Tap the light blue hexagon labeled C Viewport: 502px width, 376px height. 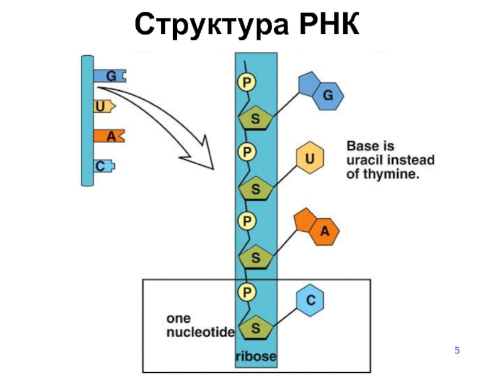309,300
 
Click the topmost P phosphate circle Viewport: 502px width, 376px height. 247,82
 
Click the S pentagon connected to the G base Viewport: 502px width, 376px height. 255,118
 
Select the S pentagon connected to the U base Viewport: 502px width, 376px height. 255,187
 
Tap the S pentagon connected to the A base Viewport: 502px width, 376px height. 255,257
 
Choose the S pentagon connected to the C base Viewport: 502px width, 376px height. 255,328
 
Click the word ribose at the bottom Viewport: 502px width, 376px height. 255,357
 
